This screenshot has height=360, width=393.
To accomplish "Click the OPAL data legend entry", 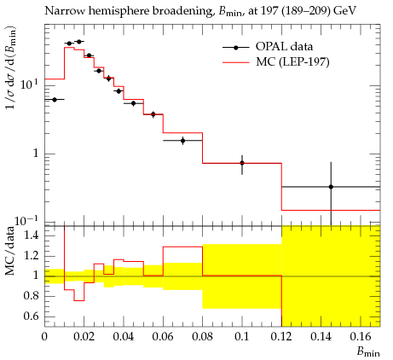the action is tap(268, 47).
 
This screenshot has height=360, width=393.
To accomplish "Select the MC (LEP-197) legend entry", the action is tap(276, 61).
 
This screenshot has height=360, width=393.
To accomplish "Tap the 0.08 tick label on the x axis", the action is tap(202, 337).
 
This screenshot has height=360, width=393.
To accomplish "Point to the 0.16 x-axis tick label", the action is tap(361, 337).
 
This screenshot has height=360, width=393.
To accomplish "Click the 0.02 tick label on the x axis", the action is tap(84, 337).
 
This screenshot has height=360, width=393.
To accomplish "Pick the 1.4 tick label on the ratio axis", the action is tap(31, 235).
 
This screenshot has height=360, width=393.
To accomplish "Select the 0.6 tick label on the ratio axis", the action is tap(31, 316).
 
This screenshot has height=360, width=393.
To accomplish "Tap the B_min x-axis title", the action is tap(368, 352).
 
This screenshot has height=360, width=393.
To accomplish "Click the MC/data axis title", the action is tap(10, 251).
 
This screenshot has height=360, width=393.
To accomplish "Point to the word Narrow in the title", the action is tap(64, 11).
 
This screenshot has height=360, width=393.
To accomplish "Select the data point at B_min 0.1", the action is tap(242, 163).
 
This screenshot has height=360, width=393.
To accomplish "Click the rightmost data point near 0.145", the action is tap(331, 187).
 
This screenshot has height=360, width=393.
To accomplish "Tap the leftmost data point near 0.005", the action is tap(55, 100).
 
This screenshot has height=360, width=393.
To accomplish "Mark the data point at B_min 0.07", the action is tap(182, 141).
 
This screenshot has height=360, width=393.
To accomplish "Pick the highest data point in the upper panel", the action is tap(79, 42).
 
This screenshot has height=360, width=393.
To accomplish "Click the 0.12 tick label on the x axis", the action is tap(281, 337).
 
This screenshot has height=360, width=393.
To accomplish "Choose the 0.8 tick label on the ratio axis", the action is tap(31, 296).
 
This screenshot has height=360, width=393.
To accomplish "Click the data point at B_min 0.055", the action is tap(153, 114).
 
